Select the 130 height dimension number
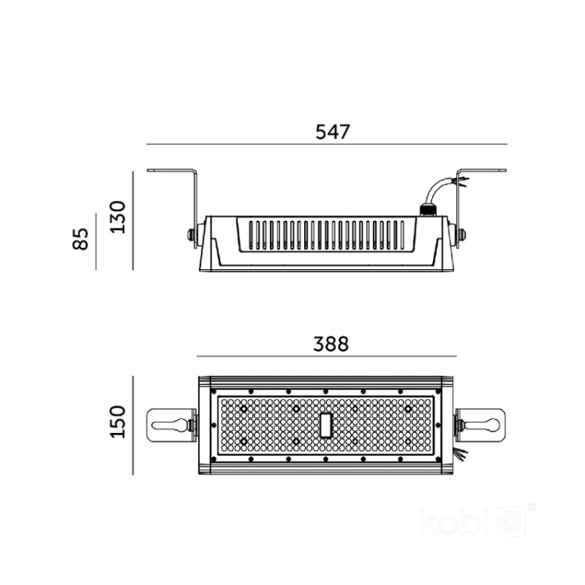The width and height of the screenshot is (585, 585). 118,217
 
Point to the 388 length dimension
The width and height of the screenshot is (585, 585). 330,342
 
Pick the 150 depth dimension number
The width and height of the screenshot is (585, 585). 118,422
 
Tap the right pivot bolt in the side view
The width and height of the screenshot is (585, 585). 464,232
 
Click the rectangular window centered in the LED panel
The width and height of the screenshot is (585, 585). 326,424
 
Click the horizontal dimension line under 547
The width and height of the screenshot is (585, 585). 328,144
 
